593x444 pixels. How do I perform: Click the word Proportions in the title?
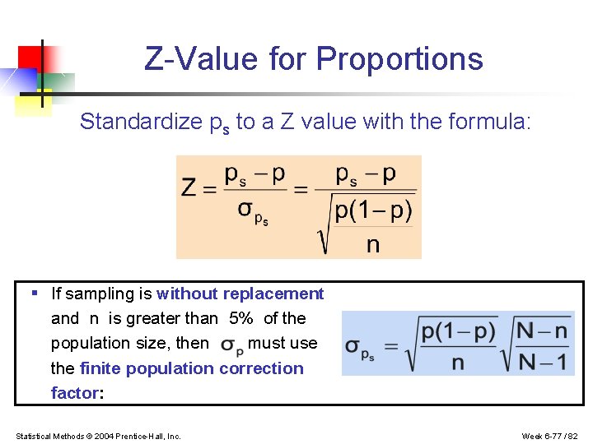399,59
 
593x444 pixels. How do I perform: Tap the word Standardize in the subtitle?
139,123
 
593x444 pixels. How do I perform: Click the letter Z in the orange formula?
189,188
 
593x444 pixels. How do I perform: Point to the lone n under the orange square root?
372,244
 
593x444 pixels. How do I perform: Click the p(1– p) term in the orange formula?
373,210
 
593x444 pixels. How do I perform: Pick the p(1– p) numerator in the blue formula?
458,331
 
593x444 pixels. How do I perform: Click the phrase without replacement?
240,294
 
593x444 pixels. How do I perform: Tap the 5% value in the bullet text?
240,319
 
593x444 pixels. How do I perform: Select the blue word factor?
74,393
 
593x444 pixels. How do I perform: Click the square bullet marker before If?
34,293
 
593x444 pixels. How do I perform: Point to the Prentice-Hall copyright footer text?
98,436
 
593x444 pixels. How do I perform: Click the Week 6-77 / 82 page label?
551,436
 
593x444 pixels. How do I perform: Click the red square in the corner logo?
30,58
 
